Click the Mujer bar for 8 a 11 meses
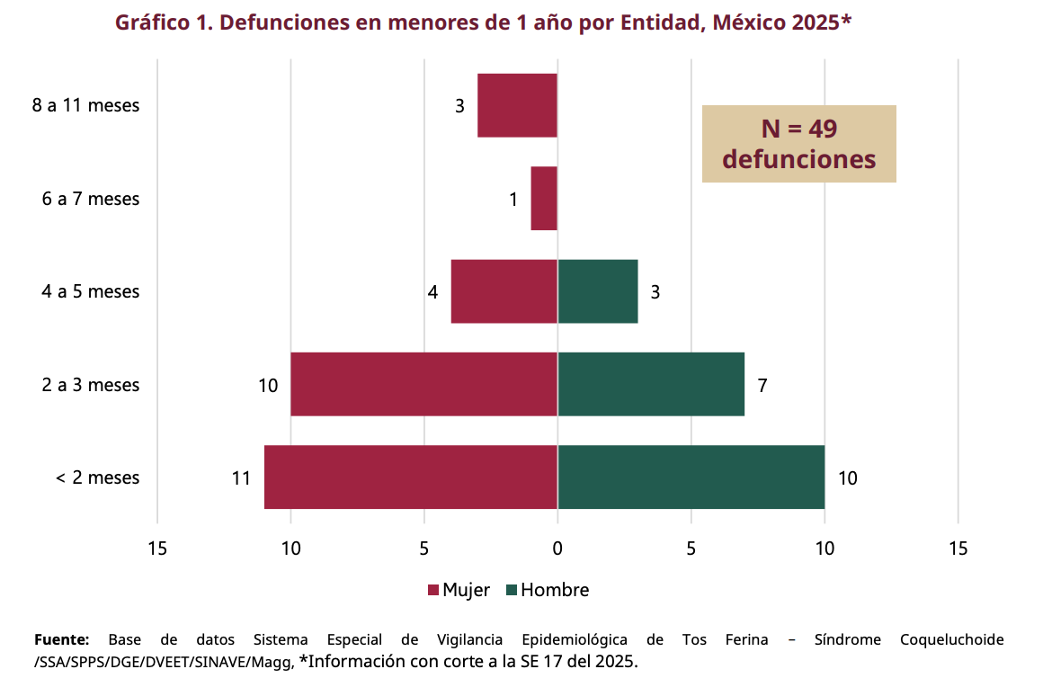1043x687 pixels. pos(517,105)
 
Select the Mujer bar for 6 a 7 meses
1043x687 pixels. pos(544,199)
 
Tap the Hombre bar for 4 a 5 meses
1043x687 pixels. pos(598,291)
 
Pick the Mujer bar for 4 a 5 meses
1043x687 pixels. pos(504,291)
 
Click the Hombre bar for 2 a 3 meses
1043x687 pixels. pos(651,384)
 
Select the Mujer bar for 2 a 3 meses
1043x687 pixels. pos(423,384)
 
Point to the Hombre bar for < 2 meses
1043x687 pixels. pos(691,477)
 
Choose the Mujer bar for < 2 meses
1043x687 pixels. pos(411,477)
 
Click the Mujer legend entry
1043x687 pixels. pos(459,590)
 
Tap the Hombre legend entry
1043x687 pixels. pos(548,590)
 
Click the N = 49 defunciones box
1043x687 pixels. pos(799,144)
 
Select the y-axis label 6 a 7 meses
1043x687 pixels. pos(91,199)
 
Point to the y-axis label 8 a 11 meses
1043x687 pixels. pos(86,105)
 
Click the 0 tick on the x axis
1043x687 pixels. pos(557,548)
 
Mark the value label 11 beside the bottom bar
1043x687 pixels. pos(240,478)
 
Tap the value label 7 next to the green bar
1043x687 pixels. pos(762,386)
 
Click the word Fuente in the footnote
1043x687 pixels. pos(61,640)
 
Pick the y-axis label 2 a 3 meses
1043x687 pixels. pos(91,385)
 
